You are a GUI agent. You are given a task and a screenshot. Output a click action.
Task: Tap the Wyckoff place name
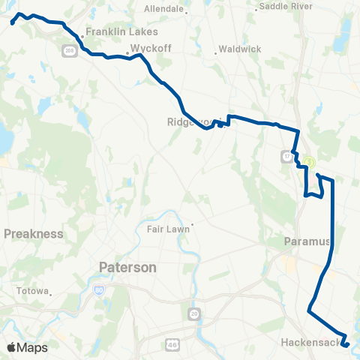point(147,46)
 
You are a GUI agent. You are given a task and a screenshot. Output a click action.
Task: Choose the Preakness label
point(34,233)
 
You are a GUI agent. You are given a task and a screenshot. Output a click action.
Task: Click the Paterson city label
point(127,267)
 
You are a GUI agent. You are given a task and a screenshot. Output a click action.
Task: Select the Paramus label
point(307,241)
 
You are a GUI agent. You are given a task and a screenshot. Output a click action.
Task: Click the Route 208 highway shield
point(69,50)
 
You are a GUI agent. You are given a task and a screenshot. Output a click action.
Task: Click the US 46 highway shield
point(170,344)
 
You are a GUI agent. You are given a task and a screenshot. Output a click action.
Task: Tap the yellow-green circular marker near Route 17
point(308,160)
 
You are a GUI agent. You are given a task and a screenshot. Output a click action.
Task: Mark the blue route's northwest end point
point(13,23)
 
